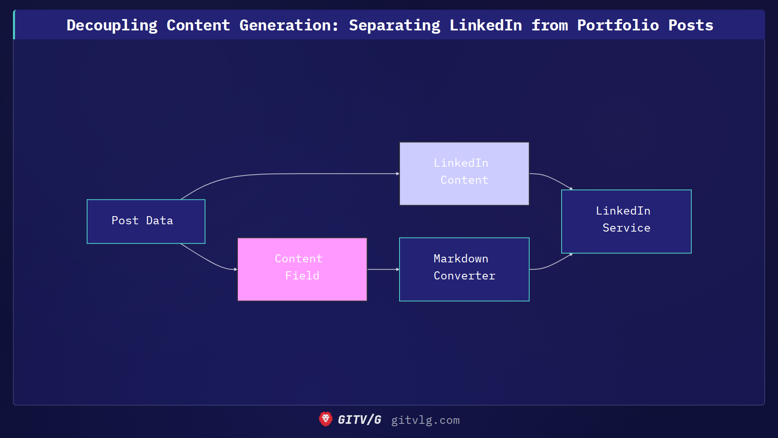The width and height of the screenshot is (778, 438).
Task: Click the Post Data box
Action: pos(146,221)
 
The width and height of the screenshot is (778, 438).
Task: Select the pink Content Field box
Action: pos(302,269)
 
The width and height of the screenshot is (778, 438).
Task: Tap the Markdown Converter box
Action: pos(464,269)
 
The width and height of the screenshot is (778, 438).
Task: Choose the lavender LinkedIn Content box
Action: pos(464,174)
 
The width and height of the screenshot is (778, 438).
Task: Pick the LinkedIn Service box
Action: pos(626,221)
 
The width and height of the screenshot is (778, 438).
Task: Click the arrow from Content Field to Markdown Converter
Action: pos(383,269)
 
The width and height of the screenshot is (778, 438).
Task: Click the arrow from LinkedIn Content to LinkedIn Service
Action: pos(551,178)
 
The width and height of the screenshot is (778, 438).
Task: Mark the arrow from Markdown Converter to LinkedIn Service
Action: pos(551,265)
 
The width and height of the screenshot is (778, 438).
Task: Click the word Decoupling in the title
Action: pos(112,25)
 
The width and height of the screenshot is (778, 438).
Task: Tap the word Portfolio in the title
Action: pos(618,25)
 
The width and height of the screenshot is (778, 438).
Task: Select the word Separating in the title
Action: pos(394,25)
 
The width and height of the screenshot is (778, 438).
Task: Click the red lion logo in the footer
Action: pos(325,419)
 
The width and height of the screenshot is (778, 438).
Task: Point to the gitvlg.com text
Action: pos(425,420)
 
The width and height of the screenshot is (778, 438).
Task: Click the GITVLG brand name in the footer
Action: pos(359,420)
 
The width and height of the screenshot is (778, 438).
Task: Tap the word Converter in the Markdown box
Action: pos(464,276)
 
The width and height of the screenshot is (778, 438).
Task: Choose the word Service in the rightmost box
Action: pos(626,228)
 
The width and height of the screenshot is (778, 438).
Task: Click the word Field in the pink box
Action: pos(302,276)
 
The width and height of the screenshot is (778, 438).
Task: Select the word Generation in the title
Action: pos(289,25)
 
